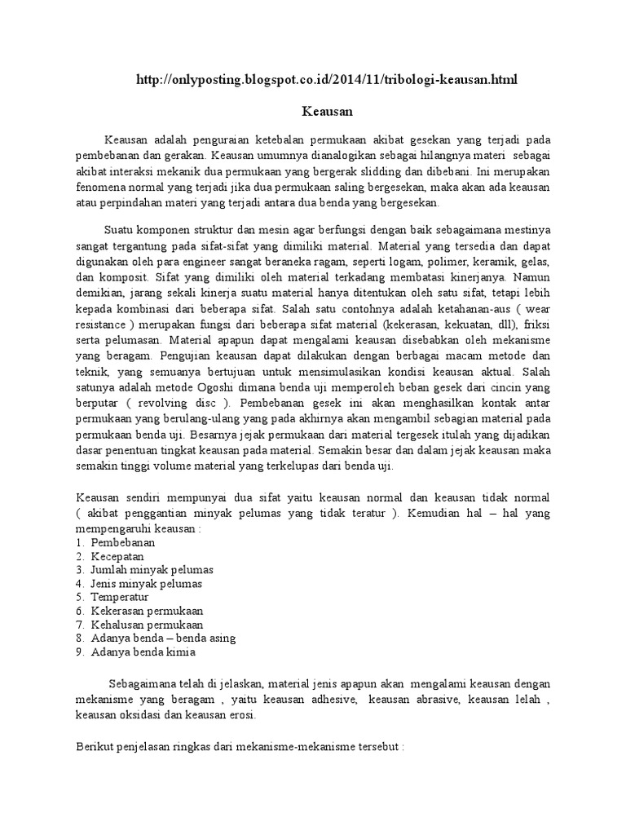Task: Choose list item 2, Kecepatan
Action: click(x=117, y=555)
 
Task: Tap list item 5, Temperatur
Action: click(x=120, y=597)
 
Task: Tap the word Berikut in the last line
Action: click(x=96, y=746)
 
